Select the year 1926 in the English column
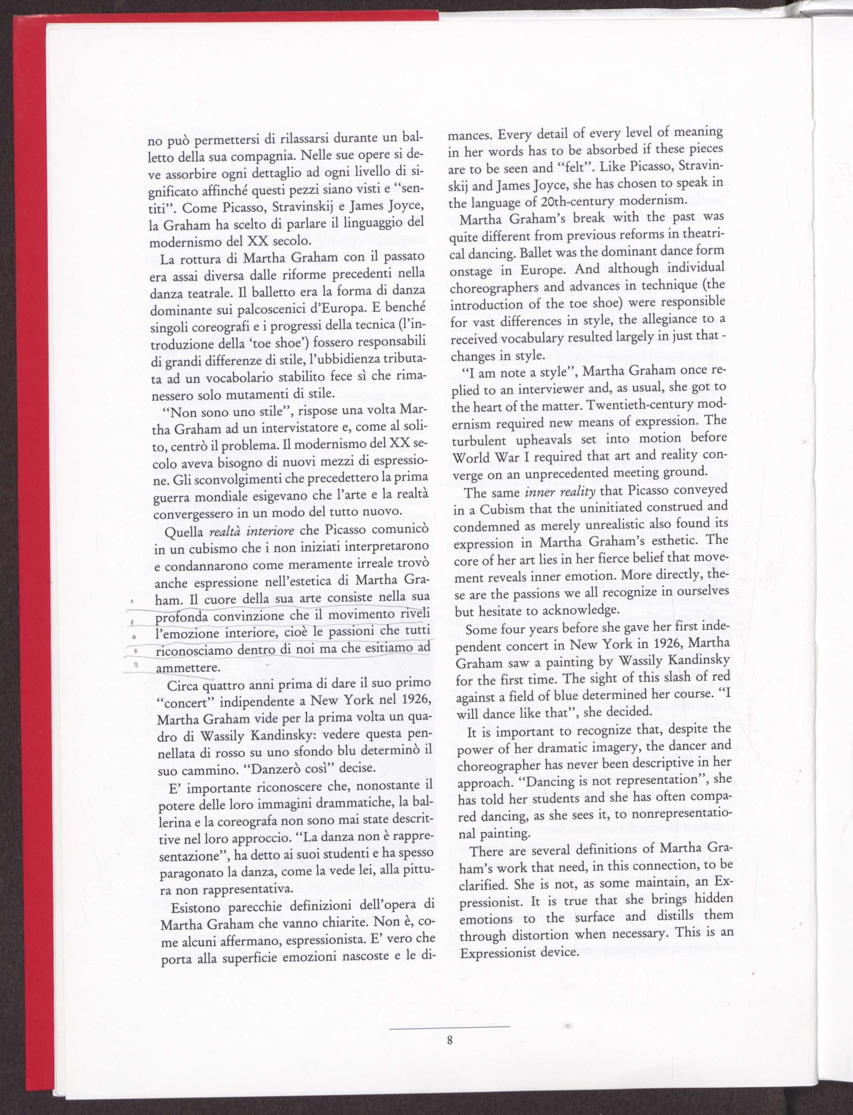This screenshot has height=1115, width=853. coord(673,644)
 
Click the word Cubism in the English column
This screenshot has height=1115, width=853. coord(501,509)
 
